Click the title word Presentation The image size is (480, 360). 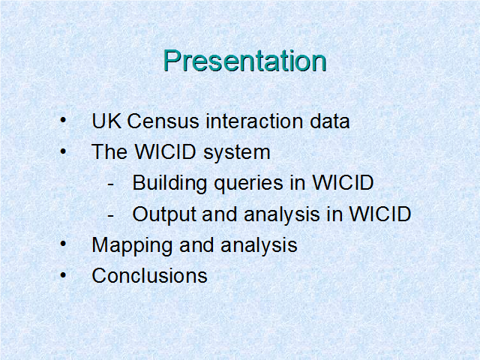click(245, 61)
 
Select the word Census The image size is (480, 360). click(163, 121)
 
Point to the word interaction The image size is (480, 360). click(255, 121)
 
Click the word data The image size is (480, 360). click(330, 121)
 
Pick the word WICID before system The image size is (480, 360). click(165, 151)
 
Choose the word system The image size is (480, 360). click(237, 153)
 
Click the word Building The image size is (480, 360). click(169, 184)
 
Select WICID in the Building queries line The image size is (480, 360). click(343, 183)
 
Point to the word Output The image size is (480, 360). click(164, 214)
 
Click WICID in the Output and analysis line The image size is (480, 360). click(380, 214)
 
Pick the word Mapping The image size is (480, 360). click(132, 246)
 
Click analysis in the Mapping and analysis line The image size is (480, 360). click(259, 246)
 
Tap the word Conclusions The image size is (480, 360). click(150, 275)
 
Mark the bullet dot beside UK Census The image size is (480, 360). click(63, 120)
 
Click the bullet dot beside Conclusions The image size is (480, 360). click(63, 274)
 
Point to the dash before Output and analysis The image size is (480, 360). click(111, 216)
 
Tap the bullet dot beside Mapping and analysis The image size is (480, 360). click(63, 244)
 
